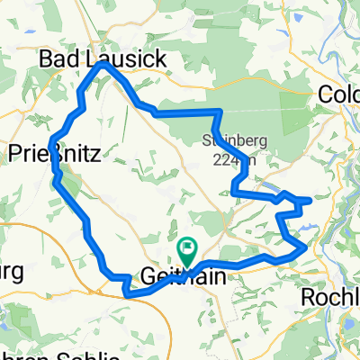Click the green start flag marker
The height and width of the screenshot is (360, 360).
187,245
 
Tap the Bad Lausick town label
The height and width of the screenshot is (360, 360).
103,59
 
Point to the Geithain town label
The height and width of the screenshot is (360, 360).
184,274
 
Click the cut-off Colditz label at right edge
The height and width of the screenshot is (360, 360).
340,94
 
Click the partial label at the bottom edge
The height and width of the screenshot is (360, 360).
63,355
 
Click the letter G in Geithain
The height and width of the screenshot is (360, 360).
149,274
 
